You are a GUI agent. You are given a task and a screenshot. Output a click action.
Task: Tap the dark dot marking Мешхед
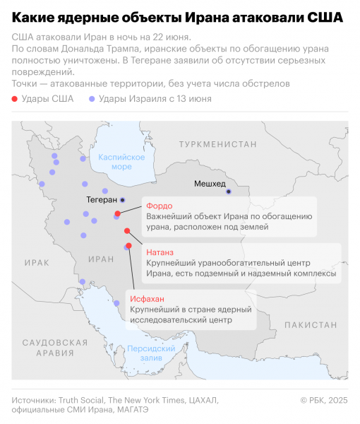228,192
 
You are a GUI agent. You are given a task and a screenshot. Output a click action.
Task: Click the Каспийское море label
116,162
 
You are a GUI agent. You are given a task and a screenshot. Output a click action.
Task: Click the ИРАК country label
36,261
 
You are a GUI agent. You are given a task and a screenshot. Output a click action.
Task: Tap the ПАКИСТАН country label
311,324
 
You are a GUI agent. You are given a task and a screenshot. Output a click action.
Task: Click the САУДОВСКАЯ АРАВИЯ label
49,346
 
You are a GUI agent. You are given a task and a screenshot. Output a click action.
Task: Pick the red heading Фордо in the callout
157,204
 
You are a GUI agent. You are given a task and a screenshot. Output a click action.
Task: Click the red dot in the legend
16,99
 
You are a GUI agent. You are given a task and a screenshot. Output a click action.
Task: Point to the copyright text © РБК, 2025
324,400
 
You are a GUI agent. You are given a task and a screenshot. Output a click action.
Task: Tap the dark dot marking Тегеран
122,200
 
